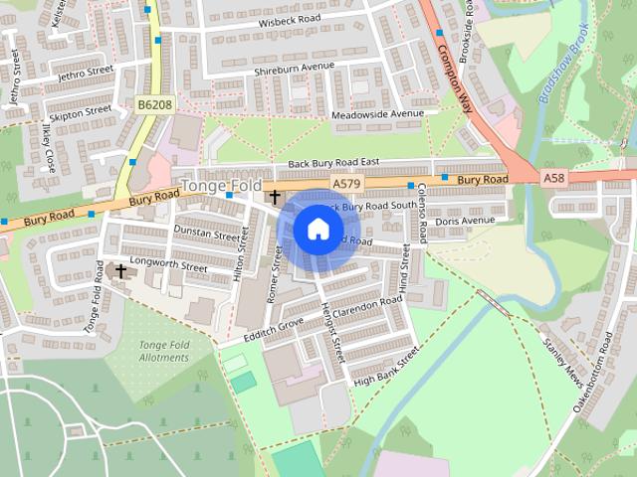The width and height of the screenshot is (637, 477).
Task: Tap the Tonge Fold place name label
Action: (220, 186)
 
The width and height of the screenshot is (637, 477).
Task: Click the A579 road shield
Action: (345, 184)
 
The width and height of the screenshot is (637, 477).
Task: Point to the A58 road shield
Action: (554, 176)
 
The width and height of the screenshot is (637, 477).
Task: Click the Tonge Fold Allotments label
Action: (164, 351)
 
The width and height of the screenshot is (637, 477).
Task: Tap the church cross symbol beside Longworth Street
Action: (120, 270)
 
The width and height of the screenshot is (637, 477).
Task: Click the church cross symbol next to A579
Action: (274, 198)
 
